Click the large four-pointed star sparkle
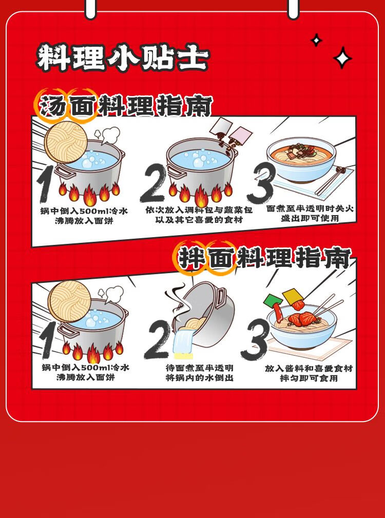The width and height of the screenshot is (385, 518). coord(342,58)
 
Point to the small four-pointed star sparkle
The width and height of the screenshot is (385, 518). coord(316,40)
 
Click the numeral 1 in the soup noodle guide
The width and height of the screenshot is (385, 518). coord(46,184)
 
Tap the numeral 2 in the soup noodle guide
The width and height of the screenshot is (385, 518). coord(152,183)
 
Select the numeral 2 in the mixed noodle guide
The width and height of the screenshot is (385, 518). coord(157,339)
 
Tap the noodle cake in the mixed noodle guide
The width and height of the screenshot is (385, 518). coord(69,301)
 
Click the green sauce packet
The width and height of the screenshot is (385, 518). coord(273,300)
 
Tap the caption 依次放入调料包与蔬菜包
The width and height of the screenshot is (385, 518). coord(199,210)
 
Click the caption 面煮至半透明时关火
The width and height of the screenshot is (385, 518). coord(310,209)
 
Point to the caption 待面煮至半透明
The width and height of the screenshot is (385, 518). coord(200,368)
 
